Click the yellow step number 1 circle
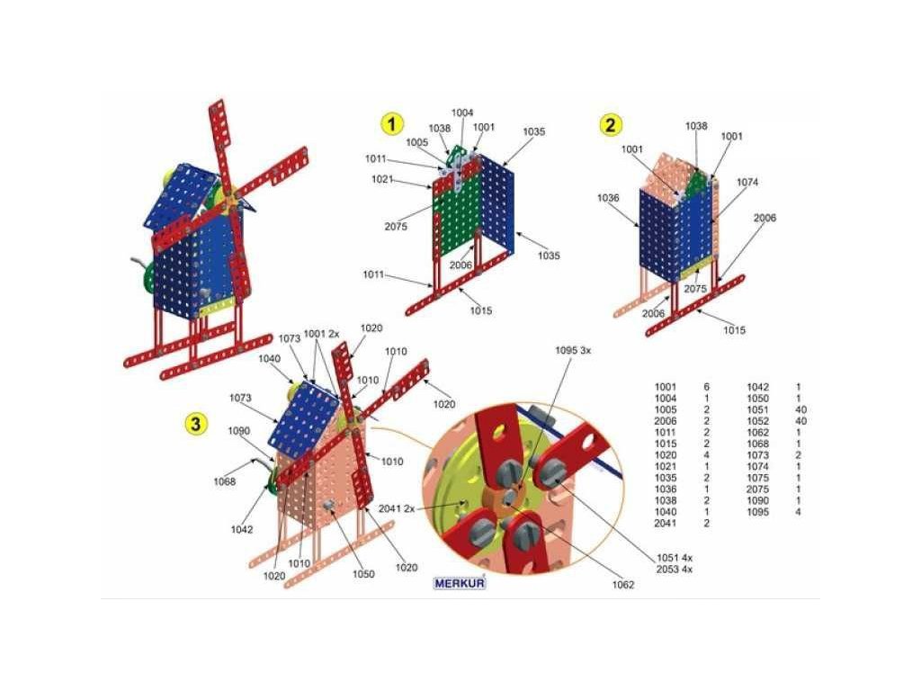pyautogui.click(x=391, y=124)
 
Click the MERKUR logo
pyautogui.click(x=460, y=582)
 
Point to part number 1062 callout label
pyautogui.click(x=621, y=585)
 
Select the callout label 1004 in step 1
pyautogui.click(x=462, y=112)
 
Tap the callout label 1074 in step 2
pyautogui.click(x=747, y=182)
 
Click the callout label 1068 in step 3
pyautogui.click(x=225, y=481)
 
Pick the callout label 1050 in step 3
pyautogui.click(x=363, y=574)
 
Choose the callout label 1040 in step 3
pyautogui.click(x=269, y=358)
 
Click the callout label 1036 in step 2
pyautogui.click(x=607, y=198)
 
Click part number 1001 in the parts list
pyautogui.click(x=665, y=387)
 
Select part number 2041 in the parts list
pyautogui.click(x=665, y=523)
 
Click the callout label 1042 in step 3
pyautogui.click(x=241, y=529)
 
